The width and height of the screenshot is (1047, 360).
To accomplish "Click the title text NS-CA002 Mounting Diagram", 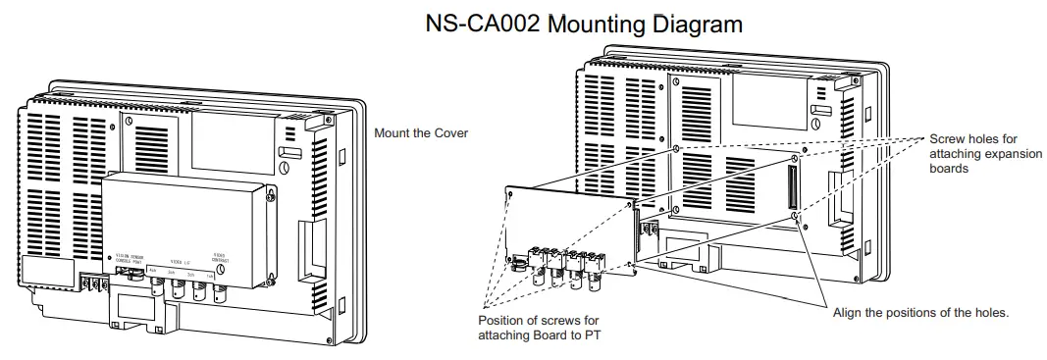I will point(583,24).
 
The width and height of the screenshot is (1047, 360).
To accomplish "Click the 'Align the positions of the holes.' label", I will point(920,312).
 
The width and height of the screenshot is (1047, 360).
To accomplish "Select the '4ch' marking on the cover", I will point(153,269).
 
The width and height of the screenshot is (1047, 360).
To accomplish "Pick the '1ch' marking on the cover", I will point(209,275).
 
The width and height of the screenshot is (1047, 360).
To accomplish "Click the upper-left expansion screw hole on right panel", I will point(677,148).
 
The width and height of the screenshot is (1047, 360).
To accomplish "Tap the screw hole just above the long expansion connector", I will point(794,156).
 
